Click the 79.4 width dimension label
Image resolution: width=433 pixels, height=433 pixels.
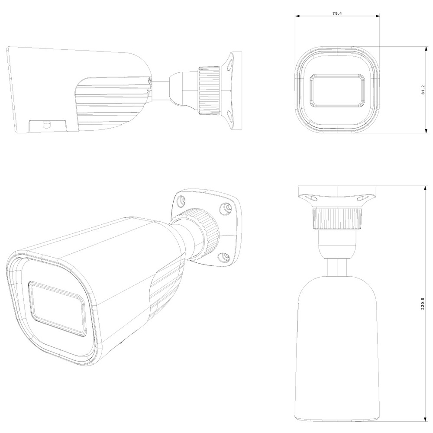337,13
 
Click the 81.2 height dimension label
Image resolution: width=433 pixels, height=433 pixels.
423,90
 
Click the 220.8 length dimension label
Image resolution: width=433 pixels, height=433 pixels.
423,303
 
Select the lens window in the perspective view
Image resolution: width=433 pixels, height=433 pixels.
57,309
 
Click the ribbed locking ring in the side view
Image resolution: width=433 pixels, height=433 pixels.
210,90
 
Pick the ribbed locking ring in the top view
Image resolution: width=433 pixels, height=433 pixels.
337,219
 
